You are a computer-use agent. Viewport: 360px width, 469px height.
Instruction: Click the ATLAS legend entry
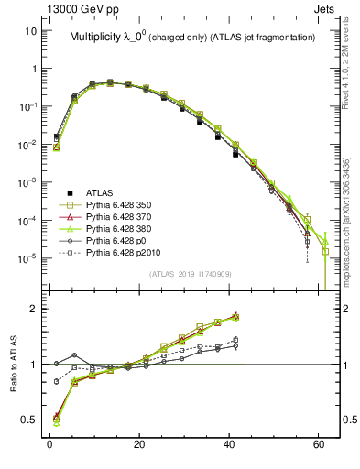[100, 192]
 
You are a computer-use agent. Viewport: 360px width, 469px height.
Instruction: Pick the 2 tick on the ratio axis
[33, 309]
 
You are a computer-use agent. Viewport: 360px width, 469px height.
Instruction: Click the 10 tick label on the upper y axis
[30, 31]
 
